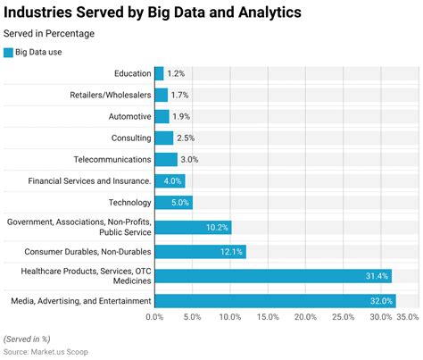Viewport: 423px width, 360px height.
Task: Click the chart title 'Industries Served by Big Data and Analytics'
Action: click(x=153, y=13)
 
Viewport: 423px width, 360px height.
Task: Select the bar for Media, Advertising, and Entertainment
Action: click(x=275, y=301)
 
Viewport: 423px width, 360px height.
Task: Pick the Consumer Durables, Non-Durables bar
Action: click(x=200, y=252)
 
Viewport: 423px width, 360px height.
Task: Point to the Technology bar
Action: click(x=173, y=203)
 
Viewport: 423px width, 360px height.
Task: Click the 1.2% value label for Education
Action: click(x=176, y=73)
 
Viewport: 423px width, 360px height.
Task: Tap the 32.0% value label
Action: click(x=381, y=301)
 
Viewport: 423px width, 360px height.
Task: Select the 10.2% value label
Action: click(x=217, y=228)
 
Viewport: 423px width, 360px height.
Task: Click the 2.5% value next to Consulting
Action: click(x=186, y=138)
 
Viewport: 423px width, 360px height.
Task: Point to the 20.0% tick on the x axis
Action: click(x=305, y=317)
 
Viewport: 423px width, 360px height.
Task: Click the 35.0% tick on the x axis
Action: click(x=407, y=317)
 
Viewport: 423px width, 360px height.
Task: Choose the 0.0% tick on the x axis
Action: click(x=154, y=317)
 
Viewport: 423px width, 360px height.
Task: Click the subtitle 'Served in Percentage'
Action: click(x=49, y=33)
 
